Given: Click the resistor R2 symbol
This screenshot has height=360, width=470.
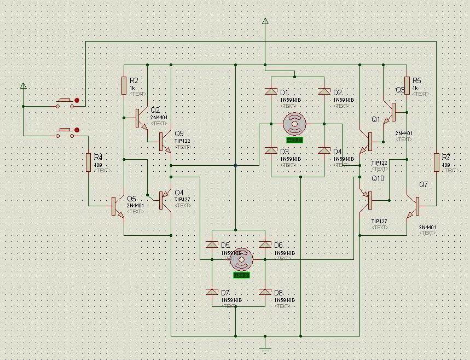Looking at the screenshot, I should (124, 85).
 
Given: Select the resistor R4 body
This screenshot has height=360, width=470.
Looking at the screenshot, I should (89, 162).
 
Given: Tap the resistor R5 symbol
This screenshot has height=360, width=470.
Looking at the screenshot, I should (407, 85).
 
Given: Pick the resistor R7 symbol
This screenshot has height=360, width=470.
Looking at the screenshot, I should (436, 162).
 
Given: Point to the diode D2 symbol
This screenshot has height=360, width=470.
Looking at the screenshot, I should (324, 91).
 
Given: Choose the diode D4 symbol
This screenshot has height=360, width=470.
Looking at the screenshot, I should (324, 151).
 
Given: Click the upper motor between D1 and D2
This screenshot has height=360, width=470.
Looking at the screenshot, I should (295, 125).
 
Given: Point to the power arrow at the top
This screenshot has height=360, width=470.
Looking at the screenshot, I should (265, 21).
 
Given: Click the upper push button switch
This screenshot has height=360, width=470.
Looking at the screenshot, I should (66, 102).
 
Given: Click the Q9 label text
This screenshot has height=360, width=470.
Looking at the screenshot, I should (179, 133).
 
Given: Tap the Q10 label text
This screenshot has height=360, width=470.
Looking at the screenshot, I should (378, 178).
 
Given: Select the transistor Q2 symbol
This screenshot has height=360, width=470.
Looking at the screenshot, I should (141, 118).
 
